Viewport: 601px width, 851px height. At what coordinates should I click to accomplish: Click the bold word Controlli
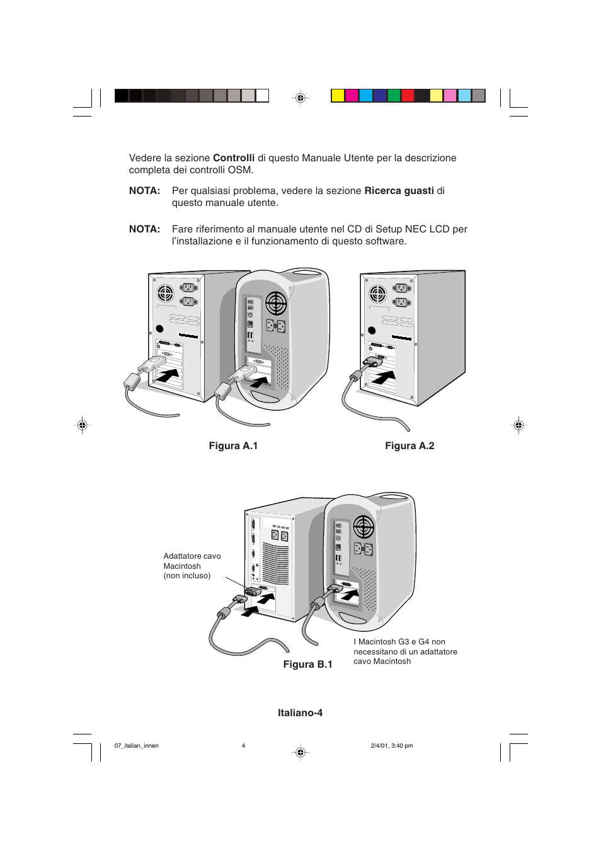(234, 157)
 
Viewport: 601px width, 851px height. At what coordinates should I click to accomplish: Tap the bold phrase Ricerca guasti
(399, 190)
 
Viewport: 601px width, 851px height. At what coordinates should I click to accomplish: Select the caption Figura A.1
(233, 445)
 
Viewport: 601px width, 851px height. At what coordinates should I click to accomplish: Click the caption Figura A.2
(409, 445)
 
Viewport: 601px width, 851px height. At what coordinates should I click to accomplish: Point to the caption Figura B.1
(307, 664)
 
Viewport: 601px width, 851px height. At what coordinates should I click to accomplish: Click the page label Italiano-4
(300, 712)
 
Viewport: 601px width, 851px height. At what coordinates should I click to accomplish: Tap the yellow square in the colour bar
(337, 95)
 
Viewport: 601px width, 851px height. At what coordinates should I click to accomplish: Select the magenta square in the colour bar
(352, 95)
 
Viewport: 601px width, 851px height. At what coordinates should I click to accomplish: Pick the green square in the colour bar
(394, 95)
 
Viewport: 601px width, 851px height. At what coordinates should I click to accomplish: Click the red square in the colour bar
(408, 95)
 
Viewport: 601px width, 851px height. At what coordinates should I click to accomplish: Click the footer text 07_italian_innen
(136, 746)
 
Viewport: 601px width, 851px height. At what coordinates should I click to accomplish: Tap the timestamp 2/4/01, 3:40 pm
(392, 746)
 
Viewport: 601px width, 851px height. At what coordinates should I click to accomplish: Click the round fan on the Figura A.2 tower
(377, 294)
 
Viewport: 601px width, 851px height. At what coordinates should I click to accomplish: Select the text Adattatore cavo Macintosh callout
(192, 566)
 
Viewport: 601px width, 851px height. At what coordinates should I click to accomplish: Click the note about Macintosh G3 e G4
(405, 651)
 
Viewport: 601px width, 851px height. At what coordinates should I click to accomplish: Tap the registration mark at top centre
(300, 98)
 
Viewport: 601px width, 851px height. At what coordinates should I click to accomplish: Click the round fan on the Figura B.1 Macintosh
(363, 528)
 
